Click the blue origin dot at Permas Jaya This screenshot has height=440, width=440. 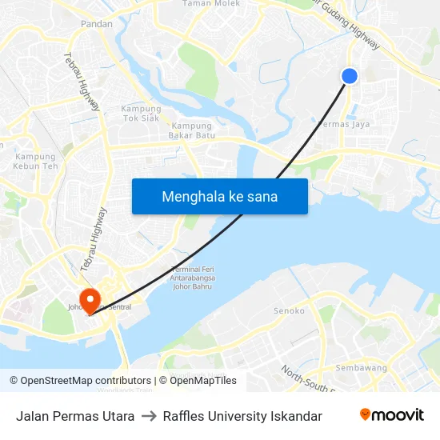[x=350, y=76]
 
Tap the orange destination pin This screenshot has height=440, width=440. [x=90, y=299]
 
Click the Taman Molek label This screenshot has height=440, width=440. [x=211, y=3]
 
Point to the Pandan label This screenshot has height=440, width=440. [x=96, y=24]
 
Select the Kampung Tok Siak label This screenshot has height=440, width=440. [x=141, y=114]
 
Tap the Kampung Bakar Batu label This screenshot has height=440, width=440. [x=192, y=130]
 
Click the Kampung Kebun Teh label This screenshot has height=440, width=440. [x=36, y=161]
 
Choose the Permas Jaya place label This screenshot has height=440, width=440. [x=344, y=124]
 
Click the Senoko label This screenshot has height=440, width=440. [x=289, y=310]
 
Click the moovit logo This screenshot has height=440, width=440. [x=391, y=415]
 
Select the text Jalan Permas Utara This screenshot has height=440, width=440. [x=75, y=416]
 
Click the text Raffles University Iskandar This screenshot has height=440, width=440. [x=242, y=416]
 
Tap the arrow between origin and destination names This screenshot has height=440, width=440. [x=149, y=416]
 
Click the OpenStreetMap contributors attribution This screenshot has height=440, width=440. [x=80, y=381]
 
